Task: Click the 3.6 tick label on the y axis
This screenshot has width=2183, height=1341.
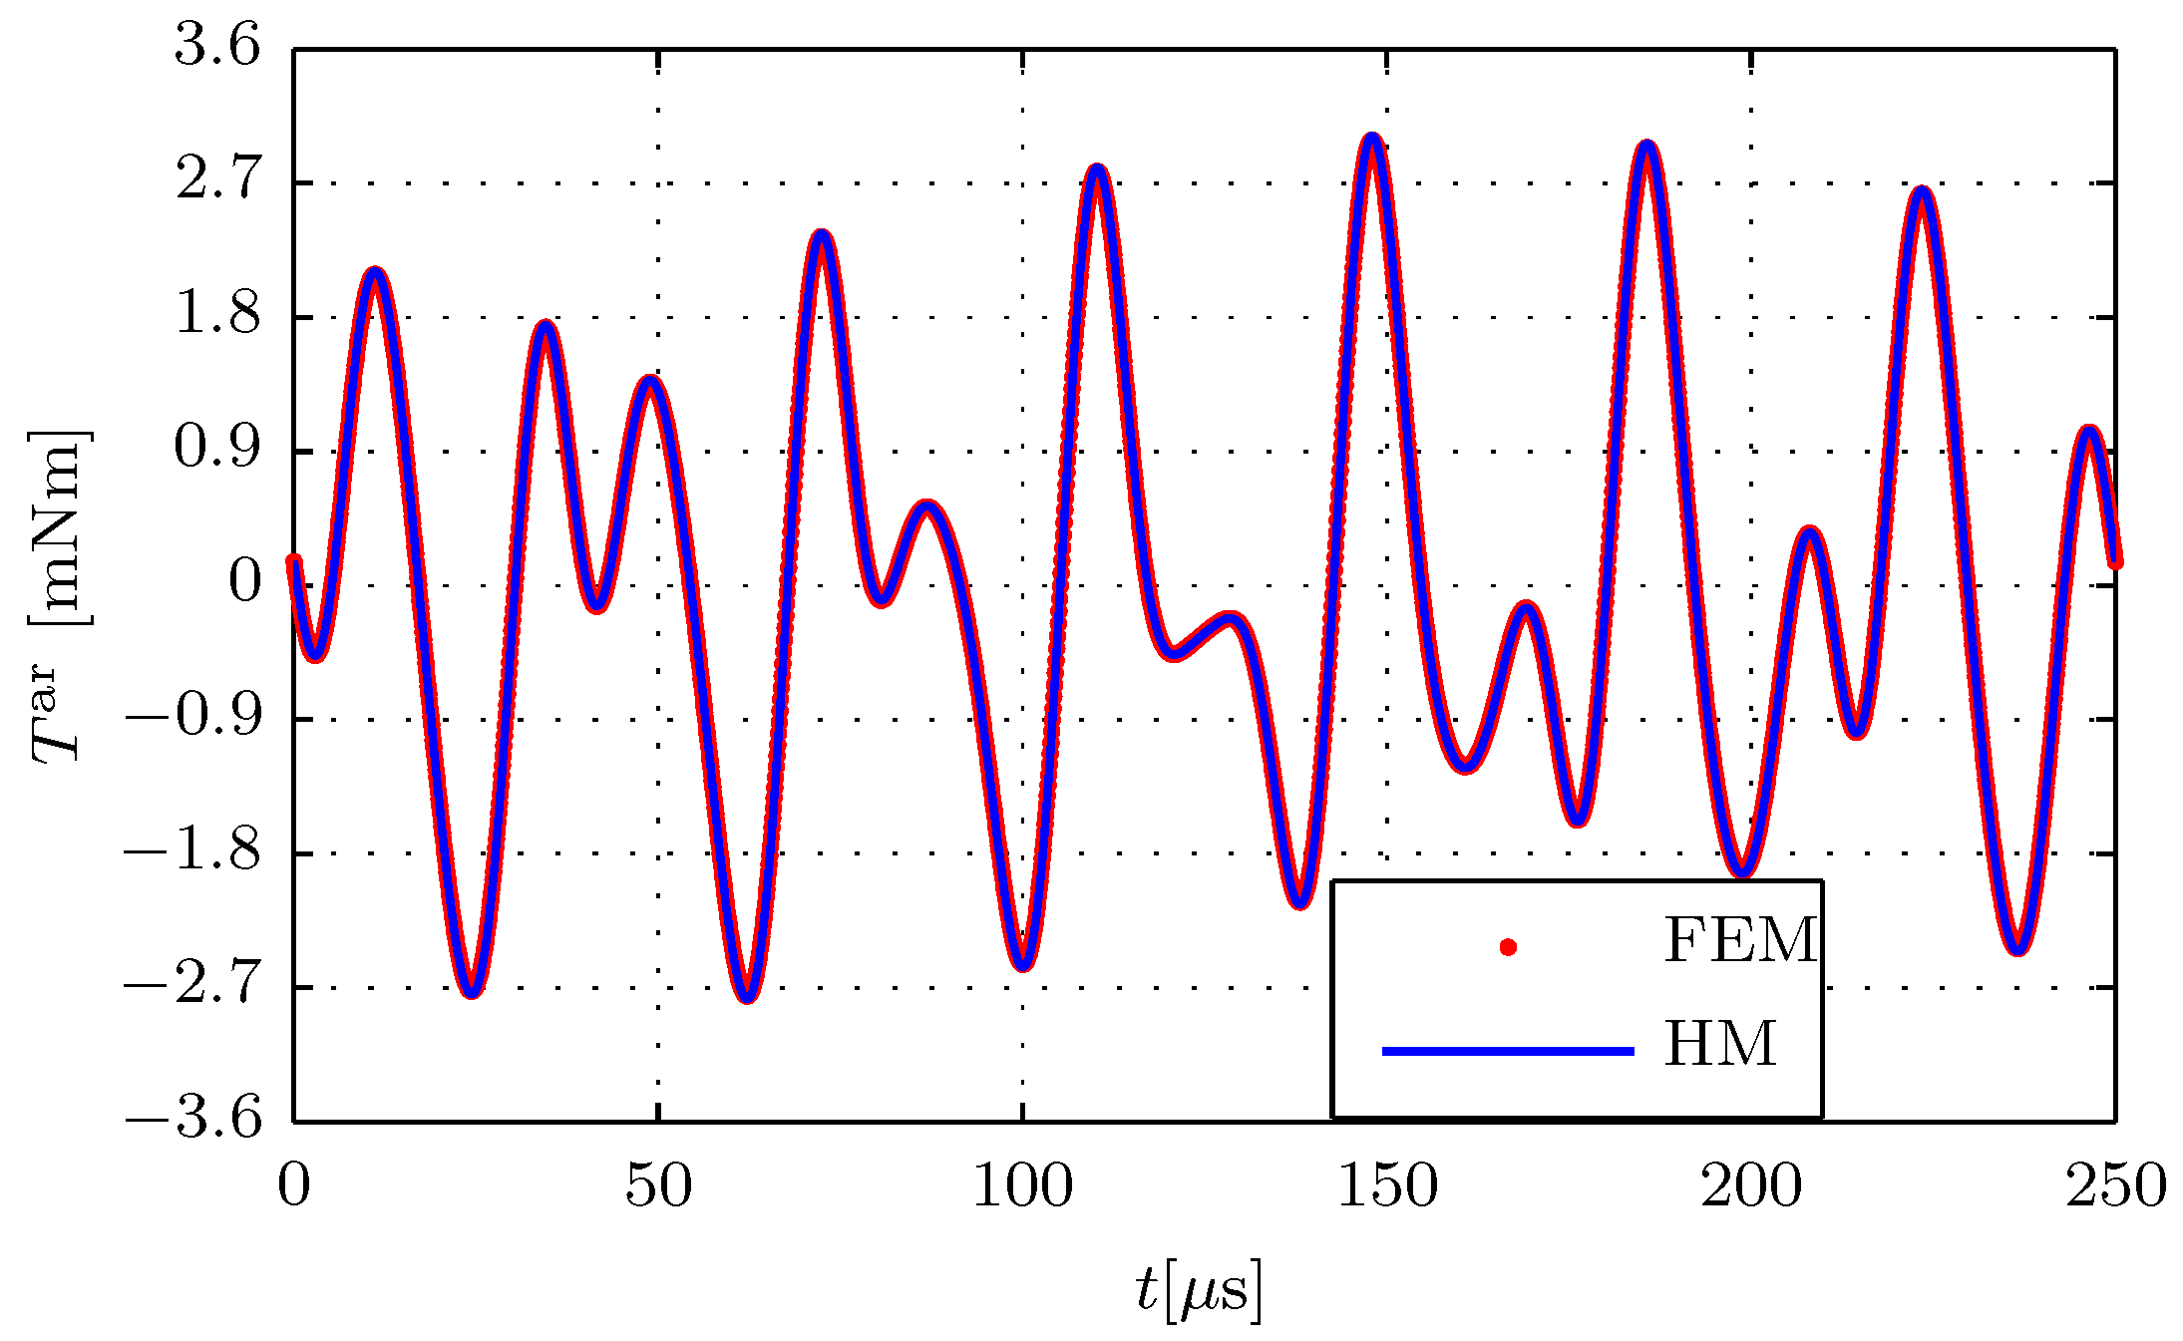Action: tap(217, 47)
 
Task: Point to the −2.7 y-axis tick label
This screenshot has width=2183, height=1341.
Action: tap(191, 986)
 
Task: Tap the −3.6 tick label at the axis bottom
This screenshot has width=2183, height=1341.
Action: tap(193, 1120)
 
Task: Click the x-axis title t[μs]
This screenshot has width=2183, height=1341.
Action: tap(1199, 1291)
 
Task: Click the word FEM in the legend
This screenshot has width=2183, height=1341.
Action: tap(1740, 940)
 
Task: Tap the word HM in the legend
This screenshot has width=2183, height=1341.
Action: tap(1720, 1045)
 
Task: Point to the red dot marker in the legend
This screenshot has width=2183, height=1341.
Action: tap(1508, 947)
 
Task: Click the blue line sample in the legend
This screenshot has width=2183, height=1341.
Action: tap(1508, 1051)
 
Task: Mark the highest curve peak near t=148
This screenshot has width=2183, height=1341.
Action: tap(1373, 140)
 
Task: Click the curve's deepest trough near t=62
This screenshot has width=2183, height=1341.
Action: tap(749, 995)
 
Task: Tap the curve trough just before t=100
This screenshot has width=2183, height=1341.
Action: tap(1023, 963)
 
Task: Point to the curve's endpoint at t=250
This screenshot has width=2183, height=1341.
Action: tap(2114, 561)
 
